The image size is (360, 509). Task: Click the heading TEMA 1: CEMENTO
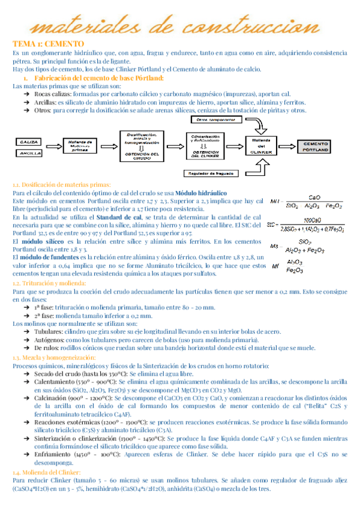tap(49, 44)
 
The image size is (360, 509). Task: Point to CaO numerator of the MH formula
tap(314, 197)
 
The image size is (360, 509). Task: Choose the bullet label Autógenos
tap(48, 339)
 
